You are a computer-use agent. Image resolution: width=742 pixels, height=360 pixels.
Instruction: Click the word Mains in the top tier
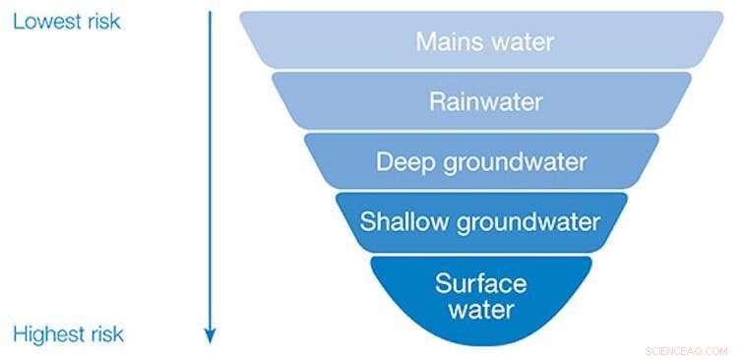click(x=447, y=42)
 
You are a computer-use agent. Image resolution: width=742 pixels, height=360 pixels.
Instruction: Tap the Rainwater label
click(x=485, y=101)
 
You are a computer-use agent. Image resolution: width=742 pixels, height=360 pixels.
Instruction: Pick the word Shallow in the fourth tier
click(x=399, y=220)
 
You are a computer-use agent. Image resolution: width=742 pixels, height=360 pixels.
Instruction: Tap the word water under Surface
click(x=480, y=311)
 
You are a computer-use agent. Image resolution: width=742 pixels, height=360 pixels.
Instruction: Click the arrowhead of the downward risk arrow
click(x=210, y=336)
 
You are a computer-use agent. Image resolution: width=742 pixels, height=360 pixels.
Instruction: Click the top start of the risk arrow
click(x=210, y=13)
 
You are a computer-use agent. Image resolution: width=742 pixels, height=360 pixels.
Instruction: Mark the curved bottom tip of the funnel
click(x=480, y=344)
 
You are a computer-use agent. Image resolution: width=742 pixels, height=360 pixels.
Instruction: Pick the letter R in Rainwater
click(x=436, y=101)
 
